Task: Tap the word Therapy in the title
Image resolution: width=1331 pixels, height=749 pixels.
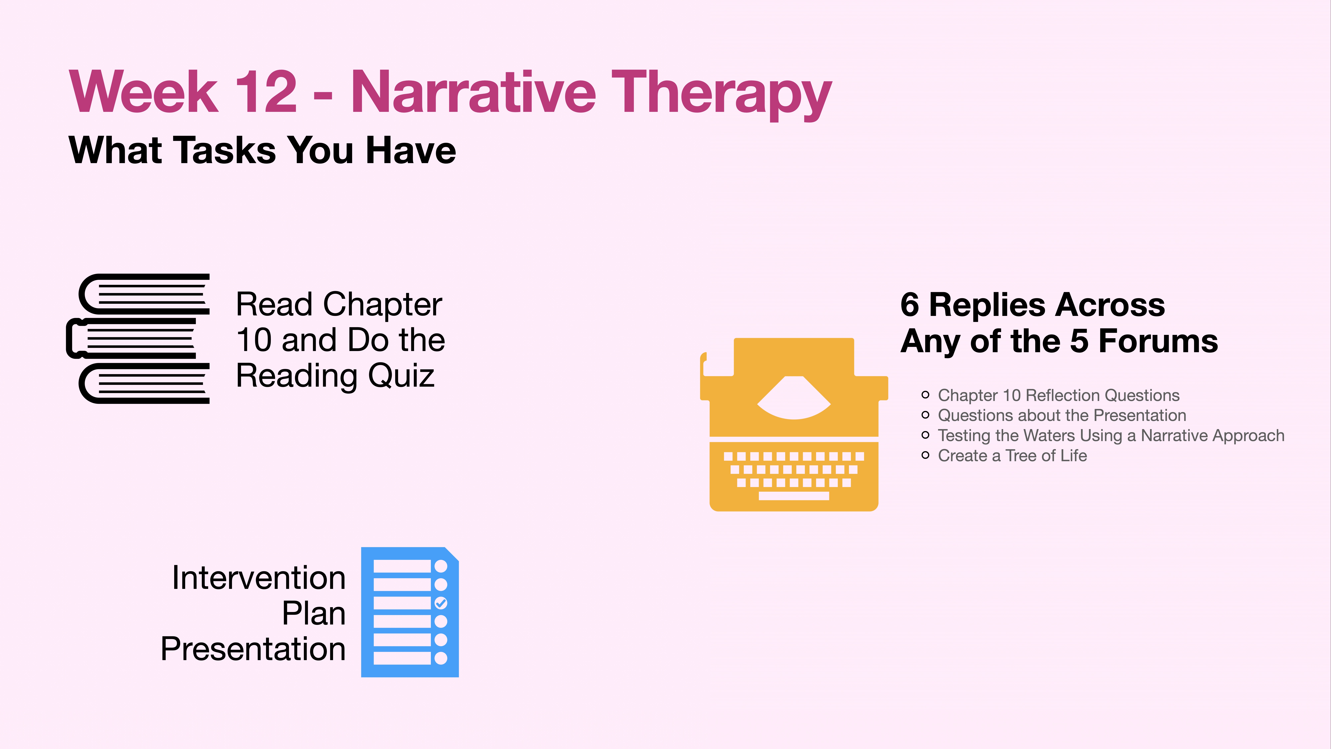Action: tap(721, 93)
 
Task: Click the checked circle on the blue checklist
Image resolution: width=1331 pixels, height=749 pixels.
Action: tap(441, 603)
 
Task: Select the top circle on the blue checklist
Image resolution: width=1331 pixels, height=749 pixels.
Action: tap(441, 566)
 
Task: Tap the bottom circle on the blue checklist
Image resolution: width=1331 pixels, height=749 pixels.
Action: tap(441, 658)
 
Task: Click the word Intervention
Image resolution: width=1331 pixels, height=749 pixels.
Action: tap(258, 578)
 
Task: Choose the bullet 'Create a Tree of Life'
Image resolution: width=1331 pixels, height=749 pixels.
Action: tap(1012, 455)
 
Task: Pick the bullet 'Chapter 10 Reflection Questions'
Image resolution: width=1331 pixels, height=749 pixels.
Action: tap(1058, 395)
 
